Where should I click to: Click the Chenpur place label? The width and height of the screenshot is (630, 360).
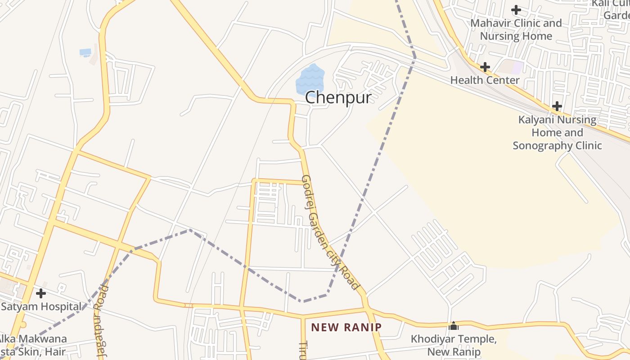tap(338, 98)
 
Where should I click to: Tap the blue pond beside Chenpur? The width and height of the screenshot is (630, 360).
tap(310, 80)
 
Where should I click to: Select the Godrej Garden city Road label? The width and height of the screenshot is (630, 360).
tap(330, 232)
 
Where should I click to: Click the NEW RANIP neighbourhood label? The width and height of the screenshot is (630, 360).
tap(346, 327)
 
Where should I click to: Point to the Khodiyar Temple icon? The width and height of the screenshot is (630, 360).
tap(454, 325)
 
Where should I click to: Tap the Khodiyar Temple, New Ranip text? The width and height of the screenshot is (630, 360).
tap(454, 345)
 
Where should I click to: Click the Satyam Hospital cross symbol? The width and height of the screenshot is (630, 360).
tap(41, 293)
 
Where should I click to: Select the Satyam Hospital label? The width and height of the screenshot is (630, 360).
tap(41, 307)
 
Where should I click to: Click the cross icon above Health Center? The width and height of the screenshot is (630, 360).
tap(485, 67)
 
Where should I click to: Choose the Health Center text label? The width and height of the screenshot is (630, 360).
tap(485, 80)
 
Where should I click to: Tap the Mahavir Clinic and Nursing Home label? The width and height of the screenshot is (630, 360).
tap(516, 29)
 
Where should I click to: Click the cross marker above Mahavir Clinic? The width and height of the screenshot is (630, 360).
tap(516, 9)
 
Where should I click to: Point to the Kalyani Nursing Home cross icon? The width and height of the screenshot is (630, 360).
tap(557, 106)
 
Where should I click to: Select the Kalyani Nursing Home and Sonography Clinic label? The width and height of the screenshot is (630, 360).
tap(557, 133)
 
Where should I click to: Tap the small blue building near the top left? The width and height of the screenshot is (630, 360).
tap(85, 52)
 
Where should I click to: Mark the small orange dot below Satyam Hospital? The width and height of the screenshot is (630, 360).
tap(23, 324)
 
